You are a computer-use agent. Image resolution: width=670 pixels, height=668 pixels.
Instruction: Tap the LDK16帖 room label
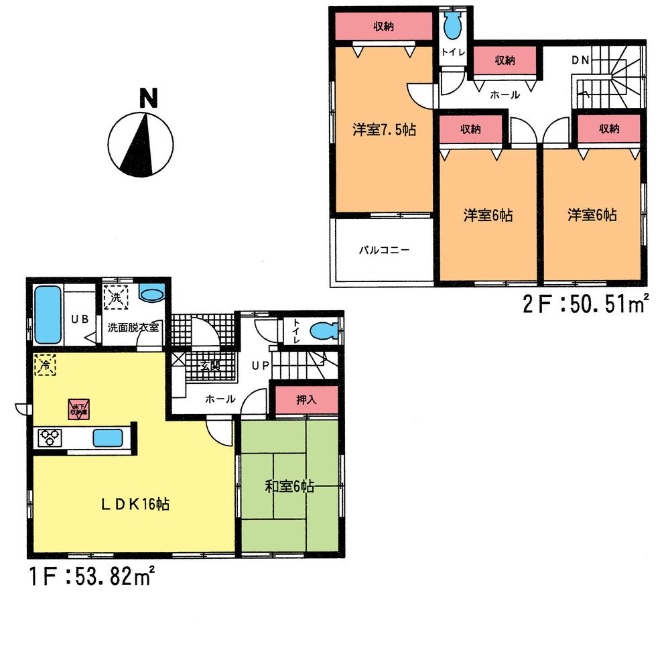coord(135,504)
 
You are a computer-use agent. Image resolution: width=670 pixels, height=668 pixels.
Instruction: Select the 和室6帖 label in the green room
coord(289,487)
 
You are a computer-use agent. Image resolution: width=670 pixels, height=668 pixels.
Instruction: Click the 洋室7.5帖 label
coord(384,129)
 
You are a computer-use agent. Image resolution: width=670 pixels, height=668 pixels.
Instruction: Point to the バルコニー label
coord(384,251)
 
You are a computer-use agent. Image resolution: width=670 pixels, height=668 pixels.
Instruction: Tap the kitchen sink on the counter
coord(107,438)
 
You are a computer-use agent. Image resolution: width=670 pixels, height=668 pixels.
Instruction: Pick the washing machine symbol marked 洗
coord(114,298)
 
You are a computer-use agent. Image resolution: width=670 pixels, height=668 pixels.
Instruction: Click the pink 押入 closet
coord(306,400)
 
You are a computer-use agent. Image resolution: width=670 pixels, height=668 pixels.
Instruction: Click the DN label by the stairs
coord(580,60)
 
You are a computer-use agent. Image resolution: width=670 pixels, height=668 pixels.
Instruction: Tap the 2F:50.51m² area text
coord(587,306)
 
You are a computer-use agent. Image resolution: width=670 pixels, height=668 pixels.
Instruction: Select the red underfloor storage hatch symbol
coord(78,409)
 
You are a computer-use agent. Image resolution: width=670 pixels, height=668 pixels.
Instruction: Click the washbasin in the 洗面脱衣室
coord(153,295)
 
